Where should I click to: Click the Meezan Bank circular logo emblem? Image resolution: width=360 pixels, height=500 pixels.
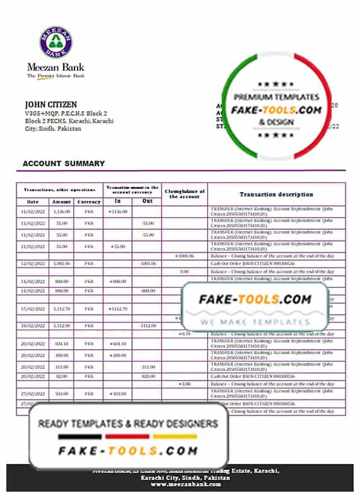coord(56,42)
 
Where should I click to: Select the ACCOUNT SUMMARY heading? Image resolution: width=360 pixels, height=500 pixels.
coord(63,164)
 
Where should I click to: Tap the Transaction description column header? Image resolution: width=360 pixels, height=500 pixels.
coord(276,194)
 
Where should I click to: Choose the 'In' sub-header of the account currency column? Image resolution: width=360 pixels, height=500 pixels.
coord(118,201)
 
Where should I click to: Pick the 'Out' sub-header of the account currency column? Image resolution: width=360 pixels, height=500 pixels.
coord(147,201)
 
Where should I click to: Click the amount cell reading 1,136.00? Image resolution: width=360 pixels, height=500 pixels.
coord(62,211)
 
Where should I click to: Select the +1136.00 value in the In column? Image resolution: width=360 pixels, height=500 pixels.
coord(118,211)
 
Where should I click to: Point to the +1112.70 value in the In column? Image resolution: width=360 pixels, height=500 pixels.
coord(118,309)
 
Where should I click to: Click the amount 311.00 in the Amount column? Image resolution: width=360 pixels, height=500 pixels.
coord(62,367)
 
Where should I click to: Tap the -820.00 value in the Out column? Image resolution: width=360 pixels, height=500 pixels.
coord(148,376)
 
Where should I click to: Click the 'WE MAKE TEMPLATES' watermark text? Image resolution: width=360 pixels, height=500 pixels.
coord(255,321)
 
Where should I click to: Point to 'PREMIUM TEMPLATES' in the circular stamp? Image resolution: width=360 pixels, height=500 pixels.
coord(277,97)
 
